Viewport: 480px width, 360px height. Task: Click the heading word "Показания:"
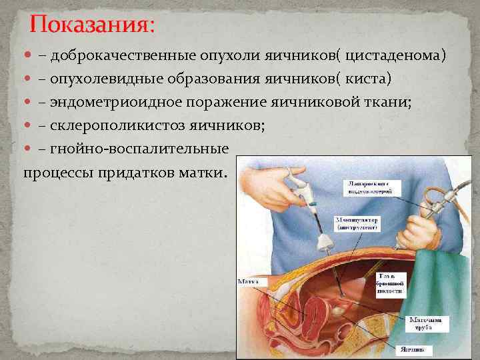click(92, 25)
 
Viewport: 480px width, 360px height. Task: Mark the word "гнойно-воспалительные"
click(139, 148)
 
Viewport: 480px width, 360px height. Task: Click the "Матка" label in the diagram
click(248, 283)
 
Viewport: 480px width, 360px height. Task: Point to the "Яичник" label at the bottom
click(411, 348)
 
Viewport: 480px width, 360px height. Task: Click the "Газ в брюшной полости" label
click(391, 283)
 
